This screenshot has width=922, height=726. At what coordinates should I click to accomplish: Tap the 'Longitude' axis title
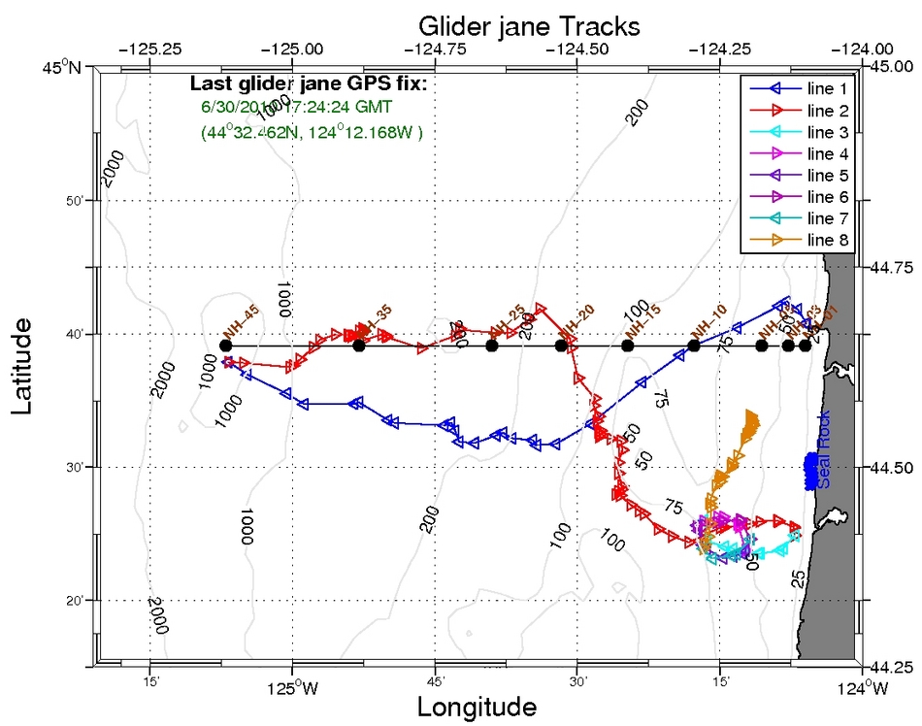477,707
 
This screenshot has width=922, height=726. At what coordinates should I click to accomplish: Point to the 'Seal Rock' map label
824,459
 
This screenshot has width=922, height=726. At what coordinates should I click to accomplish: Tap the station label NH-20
577,320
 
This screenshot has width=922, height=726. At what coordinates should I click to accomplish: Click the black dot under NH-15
627,346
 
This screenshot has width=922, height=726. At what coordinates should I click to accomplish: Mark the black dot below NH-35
359,346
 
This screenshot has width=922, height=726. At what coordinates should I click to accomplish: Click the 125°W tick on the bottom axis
292,690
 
